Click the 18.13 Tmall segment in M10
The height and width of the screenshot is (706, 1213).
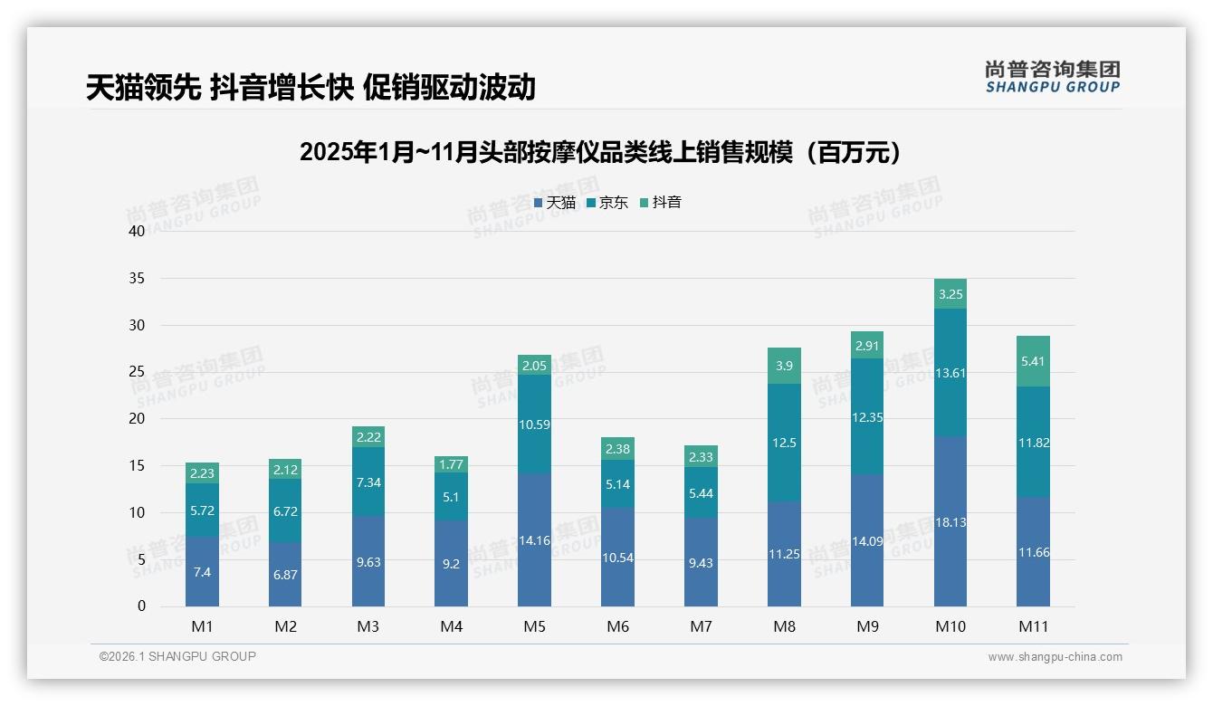950,521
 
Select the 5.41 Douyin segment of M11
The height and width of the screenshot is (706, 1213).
1033,361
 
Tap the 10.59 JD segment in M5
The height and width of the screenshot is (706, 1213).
534,425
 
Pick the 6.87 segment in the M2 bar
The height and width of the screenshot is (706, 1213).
285,575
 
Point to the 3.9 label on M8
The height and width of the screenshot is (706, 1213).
784,365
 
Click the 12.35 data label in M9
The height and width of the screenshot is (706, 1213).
867,417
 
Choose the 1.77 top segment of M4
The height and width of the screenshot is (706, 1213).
451,465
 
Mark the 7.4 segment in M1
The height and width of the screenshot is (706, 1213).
202,572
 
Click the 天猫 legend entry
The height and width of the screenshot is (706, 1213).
554,203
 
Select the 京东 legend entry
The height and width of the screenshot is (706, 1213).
606,203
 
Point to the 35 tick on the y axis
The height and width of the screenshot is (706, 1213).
137,278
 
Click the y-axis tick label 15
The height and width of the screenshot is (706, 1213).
137,466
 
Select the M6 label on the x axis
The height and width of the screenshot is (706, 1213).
617,626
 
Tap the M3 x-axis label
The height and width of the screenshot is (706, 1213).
368,626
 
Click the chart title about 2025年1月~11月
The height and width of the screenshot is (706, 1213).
601,152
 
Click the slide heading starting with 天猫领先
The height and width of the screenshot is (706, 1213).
310,87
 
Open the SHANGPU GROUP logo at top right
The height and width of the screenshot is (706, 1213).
1052,77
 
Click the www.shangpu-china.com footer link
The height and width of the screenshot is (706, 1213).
1055,657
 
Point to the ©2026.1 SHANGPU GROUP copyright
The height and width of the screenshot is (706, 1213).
177,656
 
